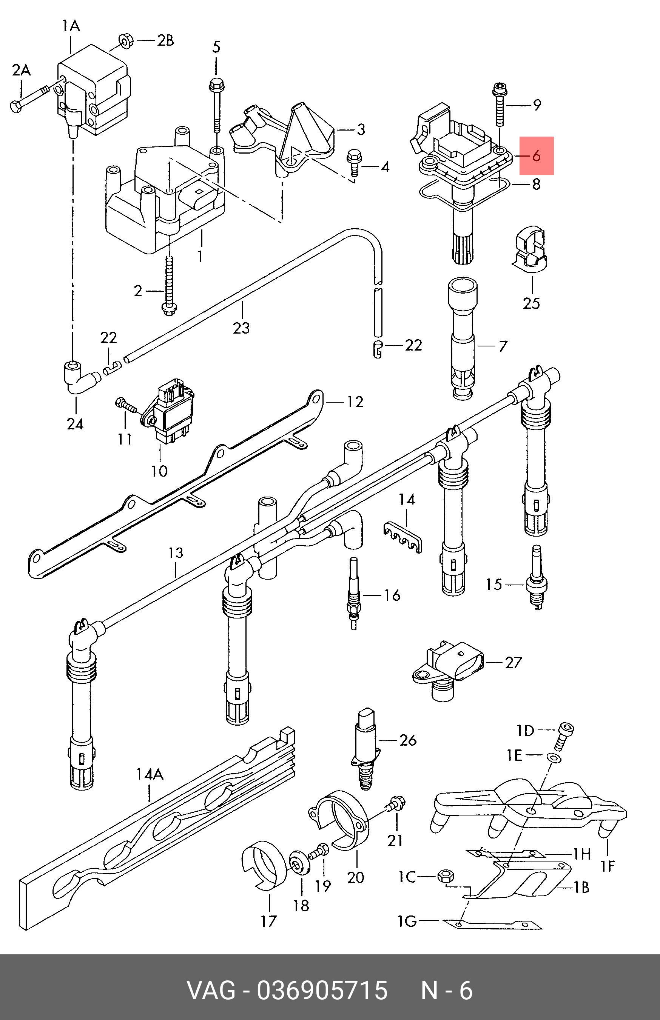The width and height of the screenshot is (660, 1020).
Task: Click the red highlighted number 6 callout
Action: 536,156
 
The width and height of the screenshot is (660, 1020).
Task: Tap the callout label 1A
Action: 71,26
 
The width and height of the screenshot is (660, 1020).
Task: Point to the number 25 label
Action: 531,303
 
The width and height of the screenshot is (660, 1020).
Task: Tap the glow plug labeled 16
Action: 353,593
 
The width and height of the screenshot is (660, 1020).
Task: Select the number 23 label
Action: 241,328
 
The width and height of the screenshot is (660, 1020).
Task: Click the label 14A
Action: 150,774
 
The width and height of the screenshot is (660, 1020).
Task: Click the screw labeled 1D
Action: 565,735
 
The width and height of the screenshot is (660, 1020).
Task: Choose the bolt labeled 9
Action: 500,103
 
